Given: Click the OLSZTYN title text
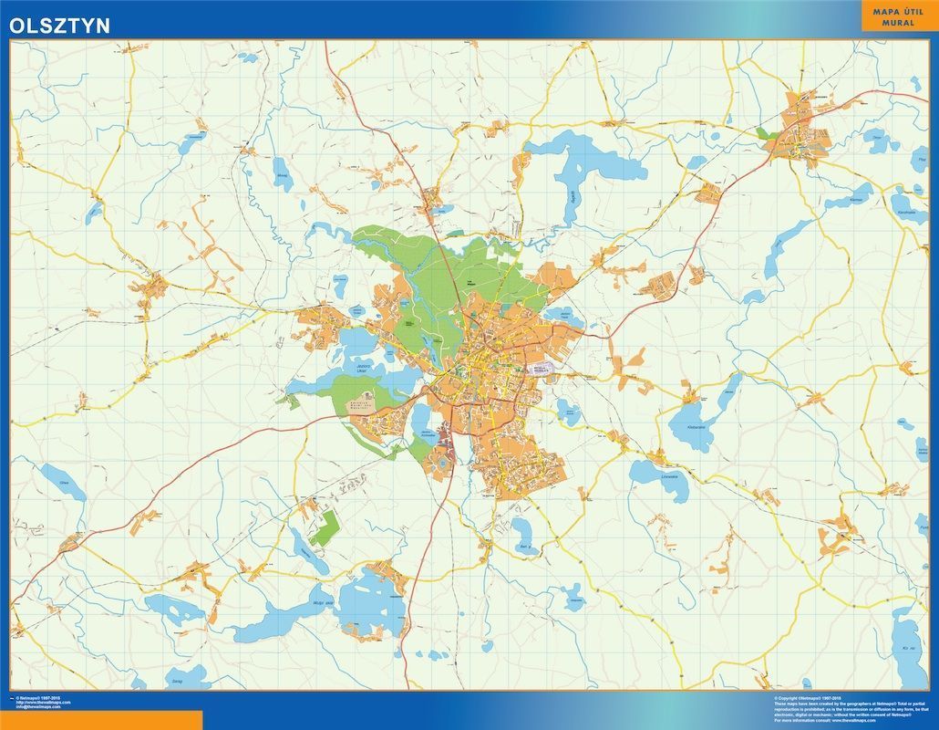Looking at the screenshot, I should [60, 26].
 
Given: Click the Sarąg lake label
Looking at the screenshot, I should [175, 680].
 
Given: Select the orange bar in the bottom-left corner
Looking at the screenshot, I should [101, 721].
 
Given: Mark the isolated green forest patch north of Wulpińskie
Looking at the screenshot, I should [324, 527].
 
